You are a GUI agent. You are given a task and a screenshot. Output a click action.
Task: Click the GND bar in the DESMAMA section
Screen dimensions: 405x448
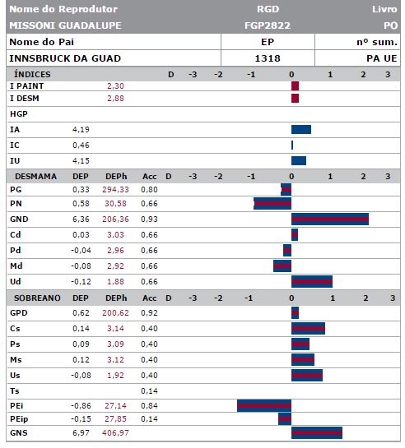tap(330, 219)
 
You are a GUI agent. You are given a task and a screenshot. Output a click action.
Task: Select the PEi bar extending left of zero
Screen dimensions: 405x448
tap(264, 406)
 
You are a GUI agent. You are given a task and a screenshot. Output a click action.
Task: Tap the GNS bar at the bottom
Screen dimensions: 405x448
tap(317, 432)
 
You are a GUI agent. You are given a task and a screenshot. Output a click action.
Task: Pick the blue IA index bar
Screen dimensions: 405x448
tap(301, 129)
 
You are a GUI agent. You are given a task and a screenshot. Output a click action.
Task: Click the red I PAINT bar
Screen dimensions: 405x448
tap(296, 86)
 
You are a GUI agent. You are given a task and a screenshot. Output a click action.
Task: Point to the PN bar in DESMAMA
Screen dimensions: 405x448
tap(272, 203)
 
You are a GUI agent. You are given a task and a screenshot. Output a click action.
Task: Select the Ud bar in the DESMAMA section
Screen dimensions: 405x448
tap(312, 281)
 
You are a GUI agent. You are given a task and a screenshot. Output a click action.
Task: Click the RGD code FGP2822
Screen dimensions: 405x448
tap(268, 25)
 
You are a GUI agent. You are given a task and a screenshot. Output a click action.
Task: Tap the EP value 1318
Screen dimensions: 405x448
tap(268, 58)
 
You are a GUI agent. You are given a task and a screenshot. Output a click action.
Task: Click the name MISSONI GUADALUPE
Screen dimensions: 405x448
tap(66, 25)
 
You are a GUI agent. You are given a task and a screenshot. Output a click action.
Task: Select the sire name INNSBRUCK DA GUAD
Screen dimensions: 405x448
tap(65, 58)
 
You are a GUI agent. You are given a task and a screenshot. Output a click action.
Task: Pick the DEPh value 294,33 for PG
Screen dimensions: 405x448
tap(115, 189)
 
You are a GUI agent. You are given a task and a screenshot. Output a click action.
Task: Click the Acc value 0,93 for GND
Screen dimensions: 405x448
tap(149, 219)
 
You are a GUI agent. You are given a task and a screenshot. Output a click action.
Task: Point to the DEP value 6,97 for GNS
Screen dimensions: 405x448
tap(81, 433)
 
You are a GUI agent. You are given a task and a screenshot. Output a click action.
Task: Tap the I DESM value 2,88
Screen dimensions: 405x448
tap(115, 99)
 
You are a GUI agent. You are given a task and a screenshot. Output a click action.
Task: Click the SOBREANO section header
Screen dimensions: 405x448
tap(37, 298)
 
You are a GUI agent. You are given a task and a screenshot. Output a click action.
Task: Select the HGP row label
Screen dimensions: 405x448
tap(19, 114)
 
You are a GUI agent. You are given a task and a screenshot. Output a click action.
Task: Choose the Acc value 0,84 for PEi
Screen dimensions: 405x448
tap(149, 406)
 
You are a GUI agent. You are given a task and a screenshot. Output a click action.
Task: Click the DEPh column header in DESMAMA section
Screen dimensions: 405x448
tap(116, 176)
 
